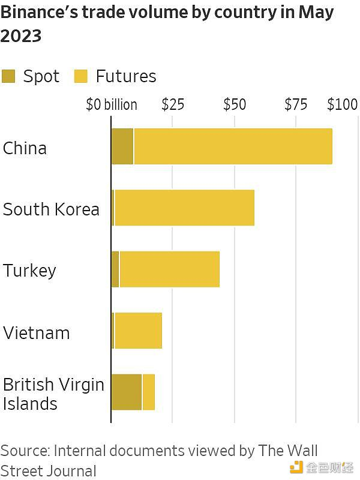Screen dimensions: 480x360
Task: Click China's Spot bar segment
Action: (122, 146)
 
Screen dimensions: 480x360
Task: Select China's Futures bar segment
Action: (233, 146)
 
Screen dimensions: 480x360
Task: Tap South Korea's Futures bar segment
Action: (184, 208)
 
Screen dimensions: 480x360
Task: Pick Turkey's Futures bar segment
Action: (169, 269)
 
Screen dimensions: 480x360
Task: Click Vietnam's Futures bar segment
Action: (138, 331)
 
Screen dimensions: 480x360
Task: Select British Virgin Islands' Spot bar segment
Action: (126, 392)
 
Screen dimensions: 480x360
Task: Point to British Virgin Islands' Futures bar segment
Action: (148, 392)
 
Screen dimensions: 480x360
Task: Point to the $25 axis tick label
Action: (172, 104)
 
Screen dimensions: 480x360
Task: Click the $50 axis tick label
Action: (234, 104)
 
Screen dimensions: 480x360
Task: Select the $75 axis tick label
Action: (296, 104)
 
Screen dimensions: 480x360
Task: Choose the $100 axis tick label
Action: (342, 104)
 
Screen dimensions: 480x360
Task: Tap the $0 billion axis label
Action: (111, 105)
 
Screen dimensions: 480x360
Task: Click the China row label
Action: (25, 148)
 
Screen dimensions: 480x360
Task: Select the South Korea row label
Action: (51, 209)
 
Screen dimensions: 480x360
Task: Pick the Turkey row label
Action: (29, 271)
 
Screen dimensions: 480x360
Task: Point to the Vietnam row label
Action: (36, 332)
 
